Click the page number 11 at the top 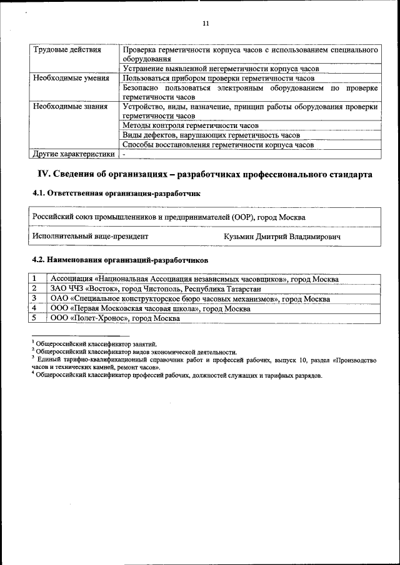pos(206,24)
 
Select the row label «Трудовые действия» pos(64,50)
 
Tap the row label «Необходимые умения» pos(71,78)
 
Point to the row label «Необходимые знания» pos(70,106)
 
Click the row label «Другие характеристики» pos(74,154)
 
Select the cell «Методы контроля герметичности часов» pos(191,125)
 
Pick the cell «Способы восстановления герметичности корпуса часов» pos(218,144)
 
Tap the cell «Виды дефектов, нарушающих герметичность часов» pos(211,135)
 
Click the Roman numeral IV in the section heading pos(44,175)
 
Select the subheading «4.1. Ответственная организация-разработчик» pos(116,194)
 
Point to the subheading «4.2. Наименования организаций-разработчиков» pos(120,259)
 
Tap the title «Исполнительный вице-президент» pos(91,237)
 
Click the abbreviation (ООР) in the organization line pos(241,217)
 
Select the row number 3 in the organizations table pos(35,298)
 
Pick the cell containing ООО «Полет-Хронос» pos(115,318)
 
